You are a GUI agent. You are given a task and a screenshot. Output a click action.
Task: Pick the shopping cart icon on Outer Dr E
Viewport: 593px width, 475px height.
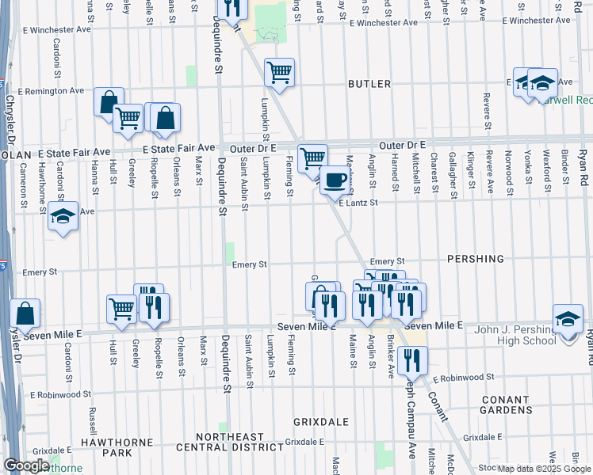point(312,157)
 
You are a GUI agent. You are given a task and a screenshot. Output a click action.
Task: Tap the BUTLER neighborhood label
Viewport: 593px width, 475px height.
point(369,84)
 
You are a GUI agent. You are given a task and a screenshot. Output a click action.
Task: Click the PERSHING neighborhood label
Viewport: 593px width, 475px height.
point(476,259)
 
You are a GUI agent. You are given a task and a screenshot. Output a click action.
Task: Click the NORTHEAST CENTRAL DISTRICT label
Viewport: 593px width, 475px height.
point(229,442)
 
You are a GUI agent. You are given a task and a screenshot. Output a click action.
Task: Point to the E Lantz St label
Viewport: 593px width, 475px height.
point(360,203)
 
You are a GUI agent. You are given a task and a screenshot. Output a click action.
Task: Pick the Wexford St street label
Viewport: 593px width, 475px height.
point(546,166)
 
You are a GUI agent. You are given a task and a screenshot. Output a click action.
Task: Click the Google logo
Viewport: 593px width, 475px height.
point(26,466)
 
